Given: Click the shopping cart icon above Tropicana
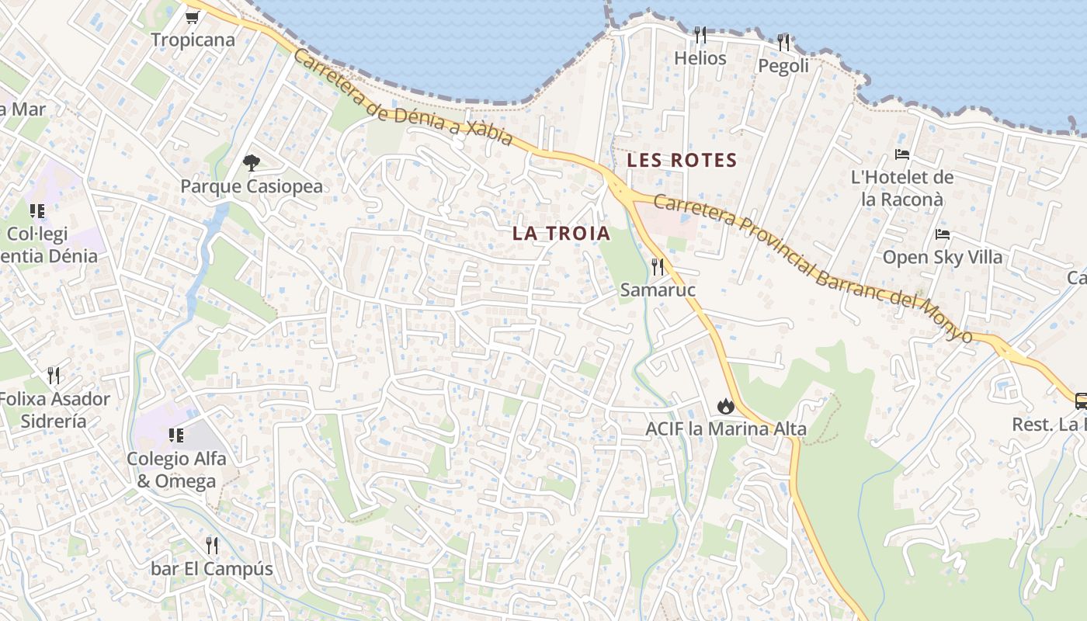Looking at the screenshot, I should coord(193,16).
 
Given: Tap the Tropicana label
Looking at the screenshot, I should coord(193,40).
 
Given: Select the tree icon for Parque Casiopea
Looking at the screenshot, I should coord(251,163).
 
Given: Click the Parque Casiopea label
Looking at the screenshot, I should coord(252,187).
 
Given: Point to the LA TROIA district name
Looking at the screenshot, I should coord(561,233).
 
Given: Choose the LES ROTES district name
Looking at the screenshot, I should coord(682,161).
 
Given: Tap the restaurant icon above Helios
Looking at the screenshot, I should coord(700,35).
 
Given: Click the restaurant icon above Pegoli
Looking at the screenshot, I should coord(783,42).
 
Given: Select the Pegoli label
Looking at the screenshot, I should coord(783,66).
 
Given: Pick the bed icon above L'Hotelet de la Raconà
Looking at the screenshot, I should coord(902,154).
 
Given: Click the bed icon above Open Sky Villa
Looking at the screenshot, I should coord(943,234).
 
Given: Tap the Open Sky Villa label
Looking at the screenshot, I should coord(943,257).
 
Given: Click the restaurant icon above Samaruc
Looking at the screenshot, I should coord(658,267).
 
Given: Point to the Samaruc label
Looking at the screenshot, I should coord(658,290).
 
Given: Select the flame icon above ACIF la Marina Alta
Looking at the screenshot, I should coord(725,405).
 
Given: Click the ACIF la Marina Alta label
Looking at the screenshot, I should coord(726,428).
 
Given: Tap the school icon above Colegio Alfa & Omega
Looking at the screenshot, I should coord(176,435).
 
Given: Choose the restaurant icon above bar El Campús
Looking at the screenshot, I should coord(211,546).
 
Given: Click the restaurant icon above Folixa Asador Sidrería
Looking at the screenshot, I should coord(54,376).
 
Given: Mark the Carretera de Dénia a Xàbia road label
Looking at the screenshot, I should coord(403,99).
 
